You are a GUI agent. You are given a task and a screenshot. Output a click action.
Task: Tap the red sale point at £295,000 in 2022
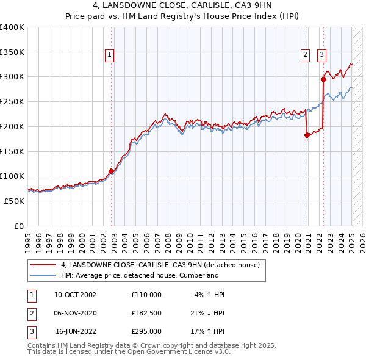click(324, 79)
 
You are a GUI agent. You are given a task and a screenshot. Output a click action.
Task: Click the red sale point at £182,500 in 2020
click(307, 135)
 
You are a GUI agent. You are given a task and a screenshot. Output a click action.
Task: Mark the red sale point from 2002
click(111, 171)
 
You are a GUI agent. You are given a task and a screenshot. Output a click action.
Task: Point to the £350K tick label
click(12, 52)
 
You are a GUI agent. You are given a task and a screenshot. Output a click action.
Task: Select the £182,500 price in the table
click(146, 313)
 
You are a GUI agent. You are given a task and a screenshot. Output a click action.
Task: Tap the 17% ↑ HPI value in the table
click(208, 331)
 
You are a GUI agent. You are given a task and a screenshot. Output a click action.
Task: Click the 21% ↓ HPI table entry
click(208, 313)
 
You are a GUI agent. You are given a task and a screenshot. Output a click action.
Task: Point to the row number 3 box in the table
click(29, 331)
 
